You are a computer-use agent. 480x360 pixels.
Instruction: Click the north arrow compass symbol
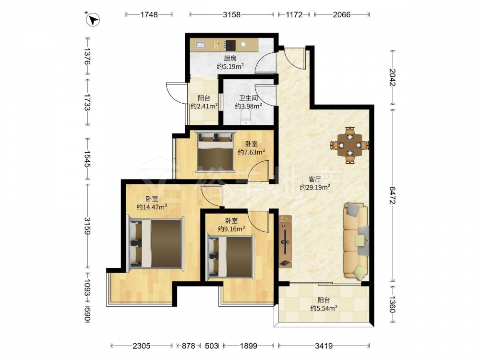point(93,20)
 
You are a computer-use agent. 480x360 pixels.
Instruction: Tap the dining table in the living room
point(350,145)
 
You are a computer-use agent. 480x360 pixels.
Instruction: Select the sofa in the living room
point(356,241)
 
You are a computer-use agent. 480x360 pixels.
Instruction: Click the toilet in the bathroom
point(246,118)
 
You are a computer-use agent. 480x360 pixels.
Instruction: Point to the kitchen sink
point(201,45)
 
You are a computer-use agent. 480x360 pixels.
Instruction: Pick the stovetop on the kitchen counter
point(230,45)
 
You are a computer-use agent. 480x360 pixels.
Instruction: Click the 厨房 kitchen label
point(230,58)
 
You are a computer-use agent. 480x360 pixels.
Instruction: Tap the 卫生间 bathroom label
point(248,98)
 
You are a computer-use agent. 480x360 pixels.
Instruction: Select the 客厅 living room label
point(315,179)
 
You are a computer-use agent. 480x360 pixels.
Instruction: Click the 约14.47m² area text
point(152,207)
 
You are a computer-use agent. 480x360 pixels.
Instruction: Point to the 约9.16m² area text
point(231,228)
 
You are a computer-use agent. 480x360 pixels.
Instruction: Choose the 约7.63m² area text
point(252,152)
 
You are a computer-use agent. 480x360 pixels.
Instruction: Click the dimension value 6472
point(393,195)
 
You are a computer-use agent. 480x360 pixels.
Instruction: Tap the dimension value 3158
point(231,14)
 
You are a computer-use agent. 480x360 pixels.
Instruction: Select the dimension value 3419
point(324,346)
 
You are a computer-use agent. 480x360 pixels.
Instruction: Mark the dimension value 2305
point(142,346)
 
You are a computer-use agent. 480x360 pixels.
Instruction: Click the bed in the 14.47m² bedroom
point(156,243)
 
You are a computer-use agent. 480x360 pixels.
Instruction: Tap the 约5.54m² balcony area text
point(324,308)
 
